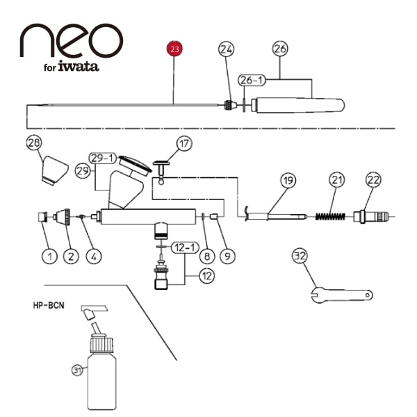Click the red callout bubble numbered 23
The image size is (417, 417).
[174, 49]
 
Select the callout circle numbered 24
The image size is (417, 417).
[226, 49]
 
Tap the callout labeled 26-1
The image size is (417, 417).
[252, 80]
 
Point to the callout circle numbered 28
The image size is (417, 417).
[34, 142]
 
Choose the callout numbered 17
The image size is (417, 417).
[184, 144]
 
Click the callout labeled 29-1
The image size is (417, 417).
[103, 158]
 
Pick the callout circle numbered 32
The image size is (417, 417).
[300, 256]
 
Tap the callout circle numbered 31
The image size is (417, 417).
[77, 370]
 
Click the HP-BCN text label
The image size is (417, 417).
[49, 305]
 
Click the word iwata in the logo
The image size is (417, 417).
[79, 66]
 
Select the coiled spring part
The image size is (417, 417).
[330, 216]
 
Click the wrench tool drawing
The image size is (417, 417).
[342, 295]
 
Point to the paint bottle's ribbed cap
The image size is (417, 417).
[101, 345]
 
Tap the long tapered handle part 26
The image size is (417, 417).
[298, 106]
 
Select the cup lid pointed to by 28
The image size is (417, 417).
[55, 171]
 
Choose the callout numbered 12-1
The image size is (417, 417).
[185, 247]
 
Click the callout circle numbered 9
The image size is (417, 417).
[228, 256]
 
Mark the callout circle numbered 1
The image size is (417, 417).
[50, 256]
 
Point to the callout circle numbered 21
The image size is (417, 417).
[336, 180]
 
